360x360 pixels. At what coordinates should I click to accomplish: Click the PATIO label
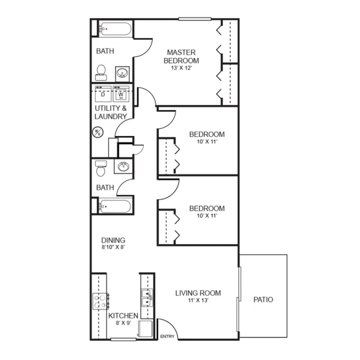pyautogui.click(x=263, y=300)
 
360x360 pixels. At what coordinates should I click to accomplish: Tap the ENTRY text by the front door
pyautogui.click(x=167, y=336)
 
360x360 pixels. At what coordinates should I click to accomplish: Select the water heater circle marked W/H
pyautogui.click(x=97, y=132)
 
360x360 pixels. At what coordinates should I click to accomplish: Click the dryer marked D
pyautogui.click(x=103, y=94)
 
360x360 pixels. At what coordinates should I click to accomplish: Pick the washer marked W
pyautogui.click(x=121, y=94)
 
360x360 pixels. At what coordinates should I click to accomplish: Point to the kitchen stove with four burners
pyautogui.click(x=101, y=301)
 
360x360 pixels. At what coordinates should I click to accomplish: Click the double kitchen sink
pyautogui.click(x=147, y=298)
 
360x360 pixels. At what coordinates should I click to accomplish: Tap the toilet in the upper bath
pyautogui.click(x=101, y=73)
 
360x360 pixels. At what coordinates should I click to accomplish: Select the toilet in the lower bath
pyautogui.click(x=101, y=169)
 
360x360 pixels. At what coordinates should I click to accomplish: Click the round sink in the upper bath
pyautogui.click(x=122, y=74)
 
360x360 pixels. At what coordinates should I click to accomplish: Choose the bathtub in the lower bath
pyautogui.click(x=115, y=206)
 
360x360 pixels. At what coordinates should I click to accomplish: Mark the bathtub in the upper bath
pyautogui.click(x=115, y=29)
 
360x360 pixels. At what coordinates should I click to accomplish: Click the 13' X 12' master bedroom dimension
pyautogui.click(x=181, y=68)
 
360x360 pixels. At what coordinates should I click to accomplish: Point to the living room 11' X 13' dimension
pyautogui.click(x=198, y=300)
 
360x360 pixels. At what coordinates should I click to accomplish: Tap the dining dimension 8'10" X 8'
pyautogui.click(x=113, y=247)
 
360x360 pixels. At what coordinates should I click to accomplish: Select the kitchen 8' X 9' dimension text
pyautogui.click(x=123, y=323)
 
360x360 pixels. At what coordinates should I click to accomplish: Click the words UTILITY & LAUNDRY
pyautogui.click(x=111, y=112)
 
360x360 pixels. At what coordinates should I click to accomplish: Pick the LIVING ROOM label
pyautogui.click(x=198, y=293)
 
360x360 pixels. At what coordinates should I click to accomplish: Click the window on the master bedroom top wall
pyautogui.click(x=195, y=19)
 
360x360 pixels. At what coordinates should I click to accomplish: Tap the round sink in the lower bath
pyautogui.click(x=123, y=166)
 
